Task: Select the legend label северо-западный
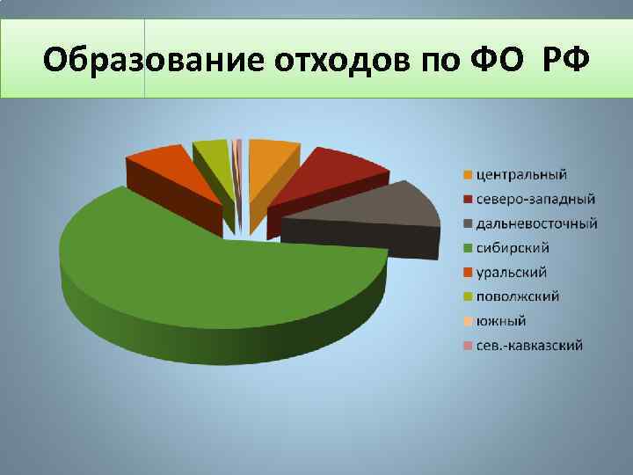coord(535,198)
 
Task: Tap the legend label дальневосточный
coord(537,223)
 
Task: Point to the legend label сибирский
coord(513,247)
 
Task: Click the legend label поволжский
coord(518,296)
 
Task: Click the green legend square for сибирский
coord(469,248)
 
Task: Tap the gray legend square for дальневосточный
coord(469,223)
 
